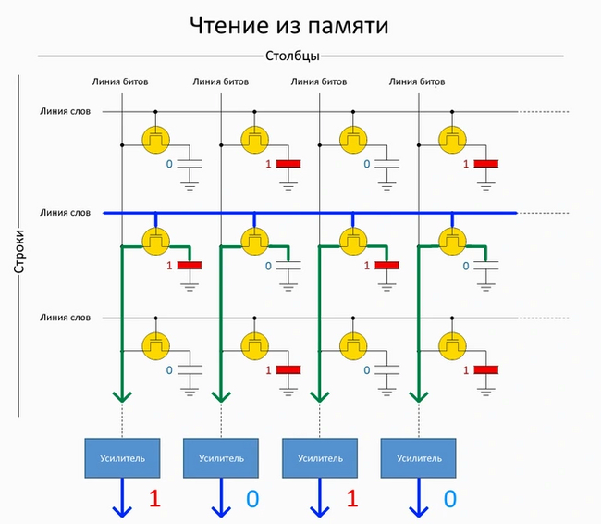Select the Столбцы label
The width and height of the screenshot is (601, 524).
(x=292, y=56)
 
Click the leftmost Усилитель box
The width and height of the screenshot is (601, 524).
(x=121, y=457)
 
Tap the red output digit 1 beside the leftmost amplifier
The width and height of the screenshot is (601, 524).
(x=154, y=499)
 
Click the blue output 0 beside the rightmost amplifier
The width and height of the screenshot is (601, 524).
(x=449, y=499)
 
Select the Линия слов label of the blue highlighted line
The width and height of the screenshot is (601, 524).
(x=65, y=213)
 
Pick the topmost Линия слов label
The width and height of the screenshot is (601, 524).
(x=65, y=111)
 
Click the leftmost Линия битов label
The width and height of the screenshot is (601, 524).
(x=121, y=81)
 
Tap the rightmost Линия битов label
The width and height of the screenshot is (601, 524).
(x=418, y=81)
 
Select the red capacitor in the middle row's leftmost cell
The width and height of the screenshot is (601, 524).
(x=190, y=266)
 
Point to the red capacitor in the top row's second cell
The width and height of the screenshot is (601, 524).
(x=289, y=164)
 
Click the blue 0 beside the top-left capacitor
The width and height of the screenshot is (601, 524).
(x=169, y=164)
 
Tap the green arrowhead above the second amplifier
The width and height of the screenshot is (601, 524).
(x=221, y=397)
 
